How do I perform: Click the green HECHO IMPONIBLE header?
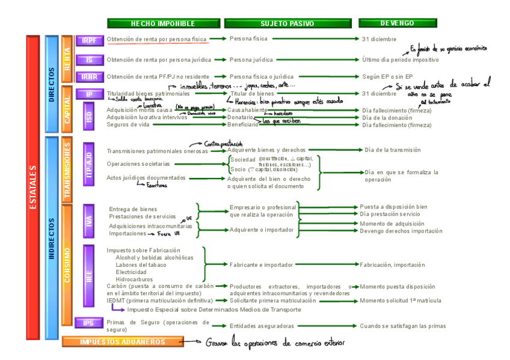click(x=163, y=23)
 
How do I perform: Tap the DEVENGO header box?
click(x=397, y=23)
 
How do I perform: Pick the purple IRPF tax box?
click(x=90, y=40)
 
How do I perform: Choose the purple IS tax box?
click(x=90, y=60)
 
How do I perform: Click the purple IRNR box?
click(x=90, y=76)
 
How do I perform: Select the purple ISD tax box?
click(x=89, y=117)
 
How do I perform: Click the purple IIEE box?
click(x=89, y=276)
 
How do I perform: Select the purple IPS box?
click(x=90, y=323)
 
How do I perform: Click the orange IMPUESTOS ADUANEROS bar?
click(x=123, y=342)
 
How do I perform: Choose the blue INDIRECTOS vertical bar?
click(x=52, y=237)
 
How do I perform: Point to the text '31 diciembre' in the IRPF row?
click(x=379, y=39)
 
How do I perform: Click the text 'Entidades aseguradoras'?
click(x=262, y=326)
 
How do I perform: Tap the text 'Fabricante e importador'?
click(x=262, y=264)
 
